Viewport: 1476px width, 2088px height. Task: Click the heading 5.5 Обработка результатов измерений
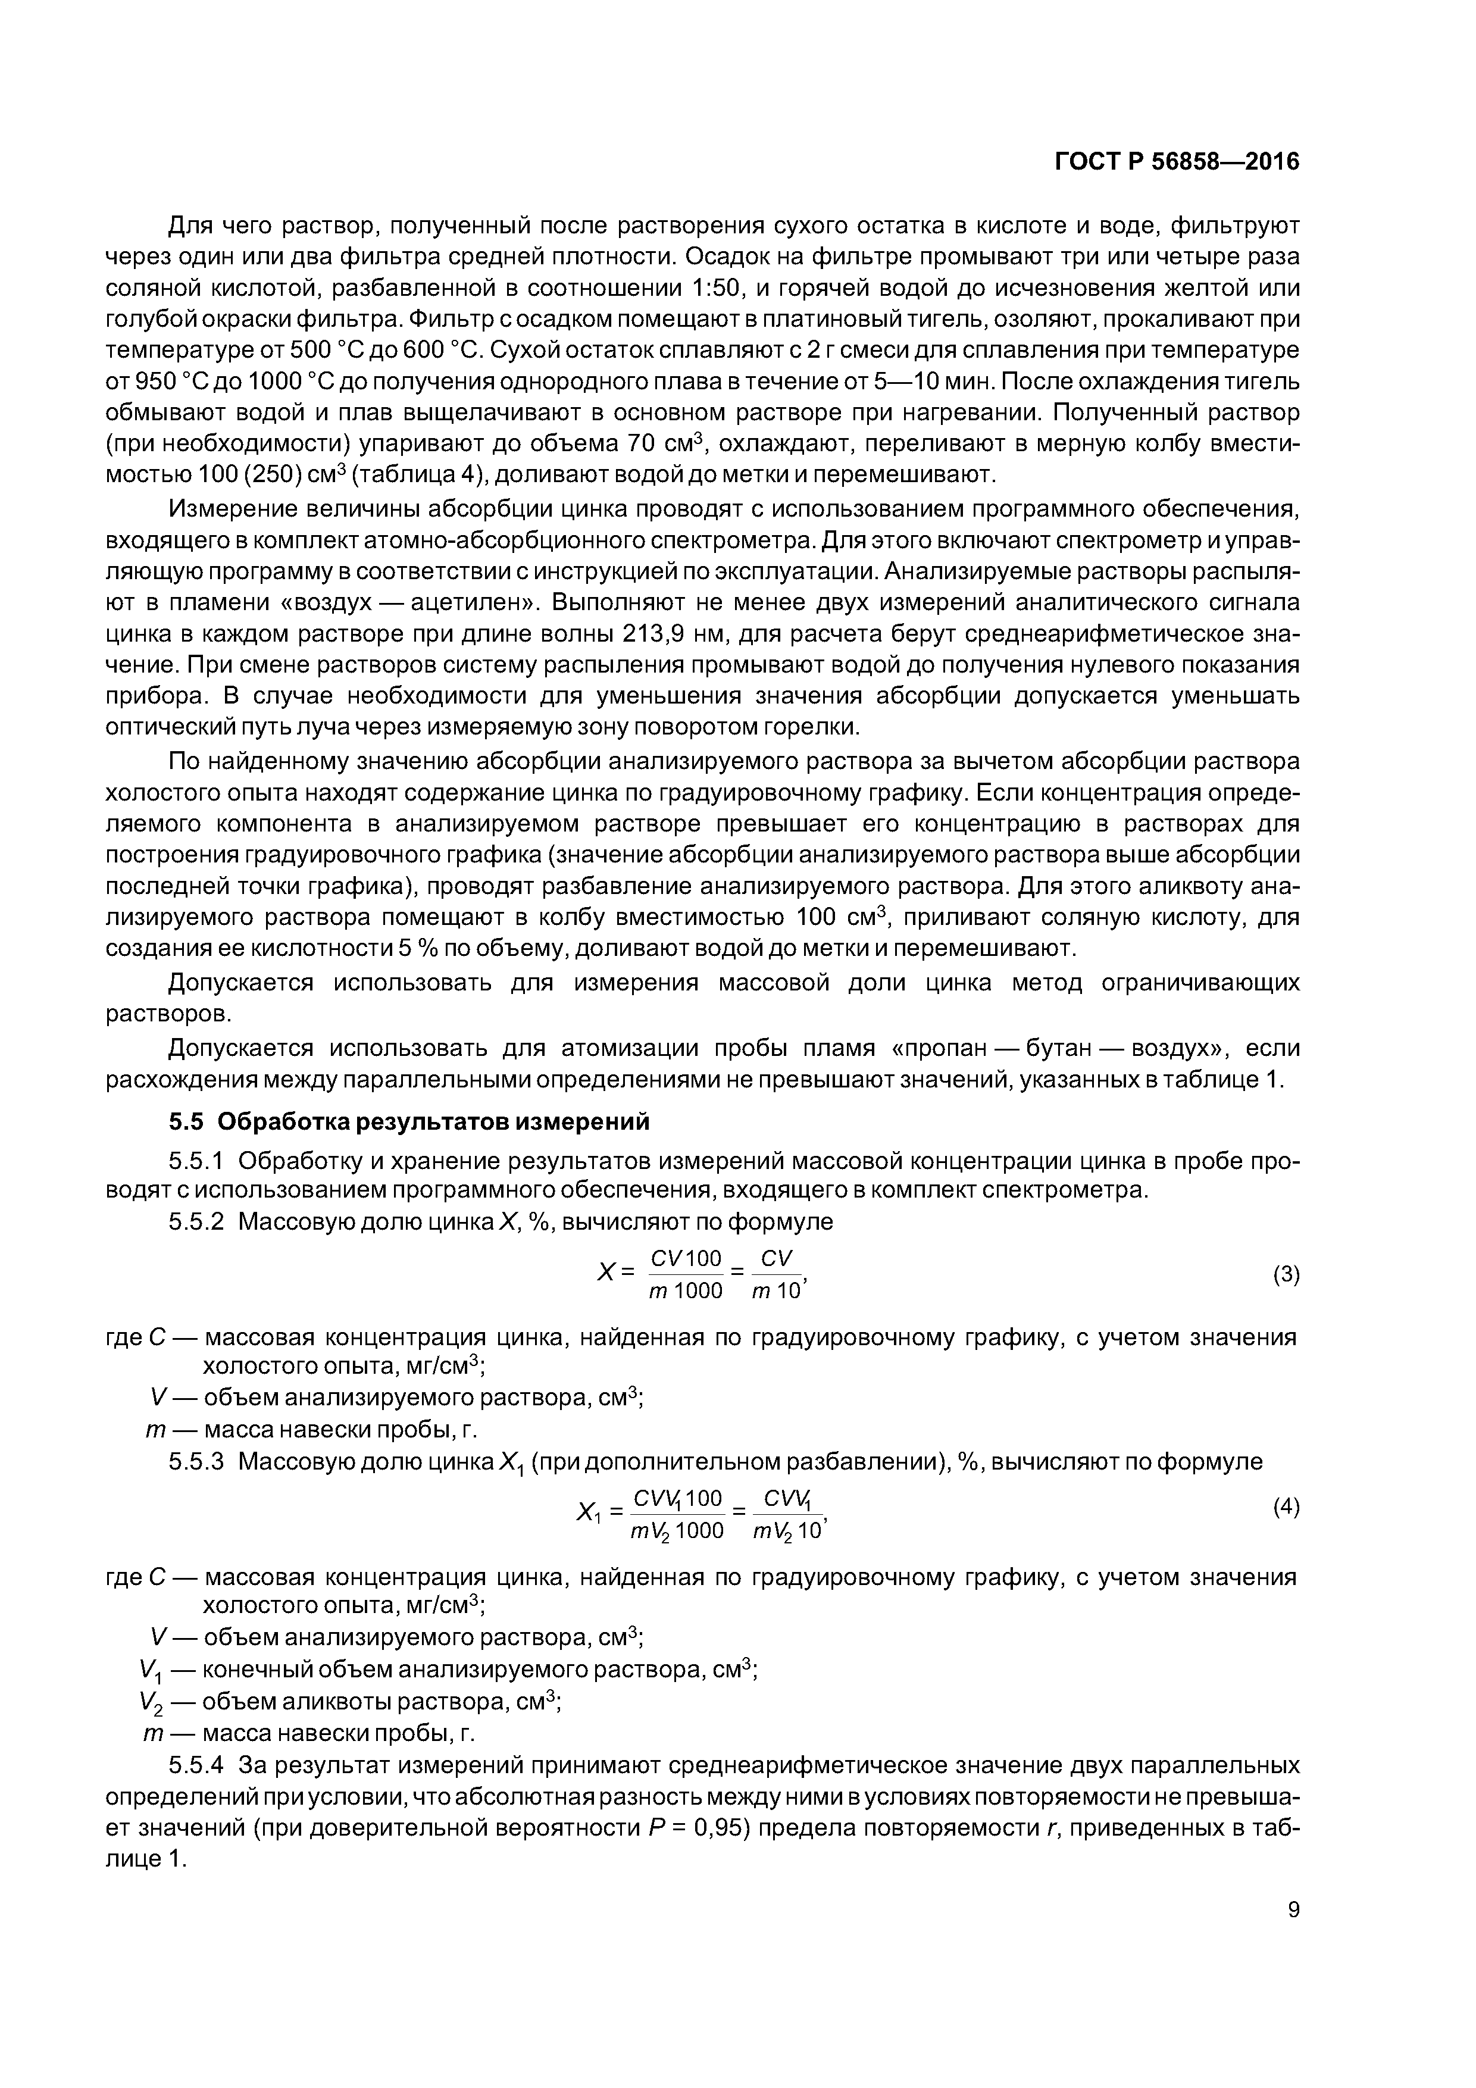click(x=409, y=1122)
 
